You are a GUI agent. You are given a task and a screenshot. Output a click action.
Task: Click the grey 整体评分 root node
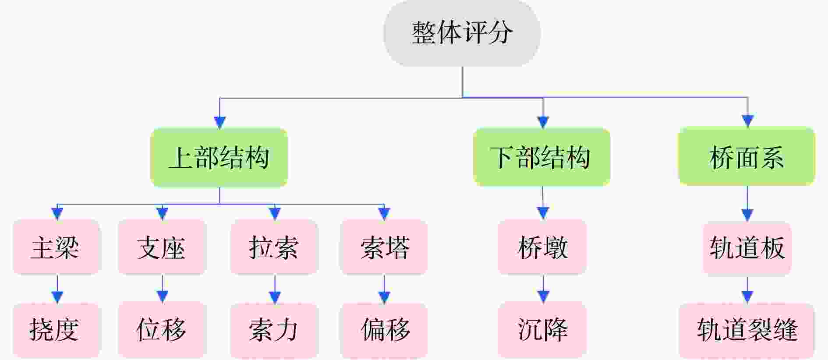[462, 33]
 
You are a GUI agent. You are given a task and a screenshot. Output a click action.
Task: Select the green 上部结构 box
[219, 158]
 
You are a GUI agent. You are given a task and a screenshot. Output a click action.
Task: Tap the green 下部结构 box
[542, 157]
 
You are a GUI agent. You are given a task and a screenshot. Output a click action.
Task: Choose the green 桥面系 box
[747, 156]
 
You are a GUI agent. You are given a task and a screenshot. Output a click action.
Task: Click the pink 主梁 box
[57, 247]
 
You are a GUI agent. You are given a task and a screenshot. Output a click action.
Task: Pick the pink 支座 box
[162, 247]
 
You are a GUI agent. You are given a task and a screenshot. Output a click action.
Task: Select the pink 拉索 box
[274, 247]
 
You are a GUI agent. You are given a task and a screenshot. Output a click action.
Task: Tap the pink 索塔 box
[384, 247]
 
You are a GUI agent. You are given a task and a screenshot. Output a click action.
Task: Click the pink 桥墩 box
[542, 247]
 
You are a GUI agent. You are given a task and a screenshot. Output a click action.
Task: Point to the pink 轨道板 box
[747, 248]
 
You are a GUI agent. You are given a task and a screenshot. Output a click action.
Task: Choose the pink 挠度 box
[57, 329]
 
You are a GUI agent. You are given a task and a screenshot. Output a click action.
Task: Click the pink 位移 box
[162, 329]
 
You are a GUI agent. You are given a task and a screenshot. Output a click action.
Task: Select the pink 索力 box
[274, 329]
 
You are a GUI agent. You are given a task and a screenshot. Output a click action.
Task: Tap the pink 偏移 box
[384, 329]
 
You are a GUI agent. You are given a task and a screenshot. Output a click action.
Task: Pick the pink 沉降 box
[542, 329]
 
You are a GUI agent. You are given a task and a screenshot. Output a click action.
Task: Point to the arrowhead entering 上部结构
[219, 122]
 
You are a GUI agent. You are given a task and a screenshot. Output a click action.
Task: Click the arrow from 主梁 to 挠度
[57, 289]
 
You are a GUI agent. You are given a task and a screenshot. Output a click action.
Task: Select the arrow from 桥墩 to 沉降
[543, 289]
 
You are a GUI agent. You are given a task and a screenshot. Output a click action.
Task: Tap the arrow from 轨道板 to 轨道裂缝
[747, 289]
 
